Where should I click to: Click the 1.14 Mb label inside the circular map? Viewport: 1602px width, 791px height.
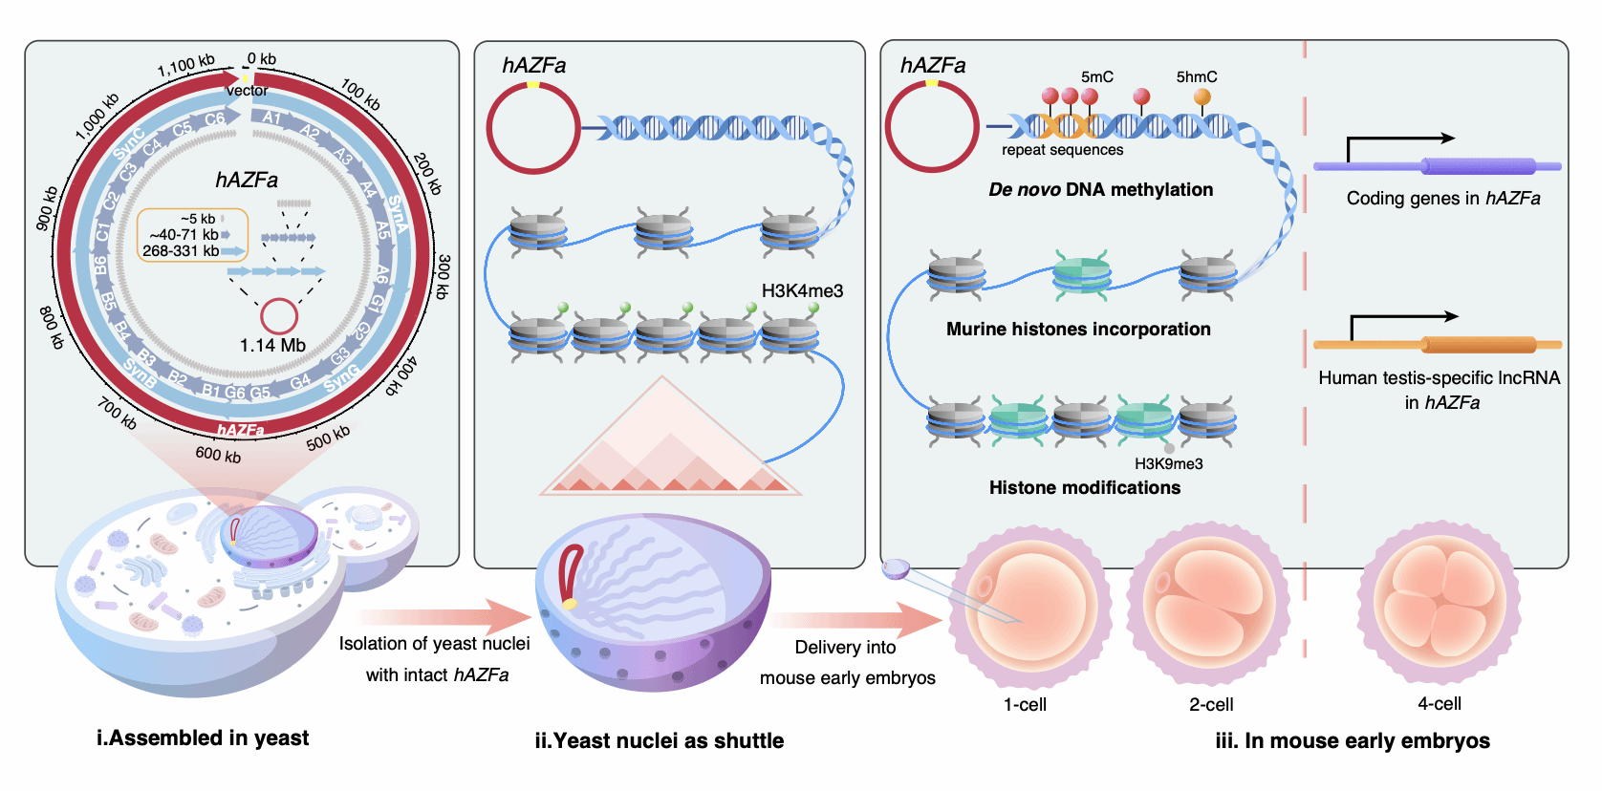pyautogui.click(x=272, y=345)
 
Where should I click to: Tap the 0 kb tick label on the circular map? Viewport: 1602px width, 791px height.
pyautogui.click(x=262, y=59)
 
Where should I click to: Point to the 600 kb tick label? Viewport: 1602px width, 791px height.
pyautogui.click(x=218, y=455)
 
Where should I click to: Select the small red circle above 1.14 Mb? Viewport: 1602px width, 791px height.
pyautogui.click(x=279, y=316)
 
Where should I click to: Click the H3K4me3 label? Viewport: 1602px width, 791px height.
pyautogui.click(x=802, y=291)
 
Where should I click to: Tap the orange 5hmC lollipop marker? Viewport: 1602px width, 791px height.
pyautogui.click(x=1202, y=97)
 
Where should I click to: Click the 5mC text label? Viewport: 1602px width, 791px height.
pyautogui.click(x=1097, y=77)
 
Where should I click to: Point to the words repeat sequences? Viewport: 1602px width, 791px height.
pyautogui.click(x=1062, y=150)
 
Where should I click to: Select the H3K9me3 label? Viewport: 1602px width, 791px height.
pyautogui.click(x=1168, y=464)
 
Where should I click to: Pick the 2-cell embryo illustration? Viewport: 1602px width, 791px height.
pyautogui.click(x=1209, y=604)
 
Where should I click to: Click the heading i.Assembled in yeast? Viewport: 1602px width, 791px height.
pyautogui.click(x=203, y=738)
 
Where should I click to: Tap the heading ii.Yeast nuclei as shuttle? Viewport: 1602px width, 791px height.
pyautogui.click(x=659, y=741)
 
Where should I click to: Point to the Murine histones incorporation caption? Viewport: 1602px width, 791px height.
pyautogui.click(x=1078, y=330)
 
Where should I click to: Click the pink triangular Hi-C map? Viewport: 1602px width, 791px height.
pyautogui.click(x=669, y=444)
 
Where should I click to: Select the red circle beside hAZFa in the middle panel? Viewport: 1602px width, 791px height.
pyautogui.click(x=533, y=128)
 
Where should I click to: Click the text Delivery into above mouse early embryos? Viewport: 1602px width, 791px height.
pyautogui.click(x=845, y=648)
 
